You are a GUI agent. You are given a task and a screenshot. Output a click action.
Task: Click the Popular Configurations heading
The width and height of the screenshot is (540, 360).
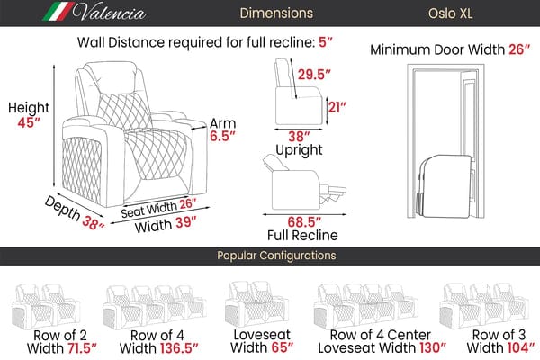[270, 256]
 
